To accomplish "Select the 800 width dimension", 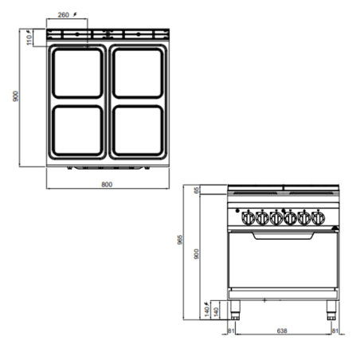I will (108, 185).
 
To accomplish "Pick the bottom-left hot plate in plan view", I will (77, 131).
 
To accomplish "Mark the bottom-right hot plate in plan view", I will (139, 131).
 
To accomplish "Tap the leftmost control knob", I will (246, 215).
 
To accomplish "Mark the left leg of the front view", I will (233, 311).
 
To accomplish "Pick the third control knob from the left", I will (276, 215).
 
